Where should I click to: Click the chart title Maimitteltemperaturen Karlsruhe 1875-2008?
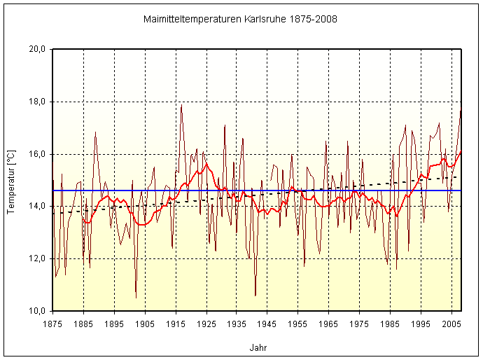click(240, 19)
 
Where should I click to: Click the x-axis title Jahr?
click(258, 347)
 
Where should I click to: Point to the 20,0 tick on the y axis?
click(36, 50)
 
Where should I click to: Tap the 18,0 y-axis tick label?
click(36, 102)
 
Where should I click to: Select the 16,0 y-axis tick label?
click(36, 154)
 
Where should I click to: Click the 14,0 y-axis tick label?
click(36, 206)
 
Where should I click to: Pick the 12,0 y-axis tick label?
click(36, 258)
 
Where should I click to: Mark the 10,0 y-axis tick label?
click(36, 310)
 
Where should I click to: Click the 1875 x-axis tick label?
click(52, 324)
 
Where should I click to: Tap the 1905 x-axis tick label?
click(145, 324)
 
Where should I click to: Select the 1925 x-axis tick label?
click(206, 324)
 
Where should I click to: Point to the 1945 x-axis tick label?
click(267, 324)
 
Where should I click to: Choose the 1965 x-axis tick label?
click(329, 324)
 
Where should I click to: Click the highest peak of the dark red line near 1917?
click(181, 106)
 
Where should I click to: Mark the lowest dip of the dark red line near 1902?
click(136, 298)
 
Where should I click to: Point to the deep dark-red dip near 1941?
click(255, 296)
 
